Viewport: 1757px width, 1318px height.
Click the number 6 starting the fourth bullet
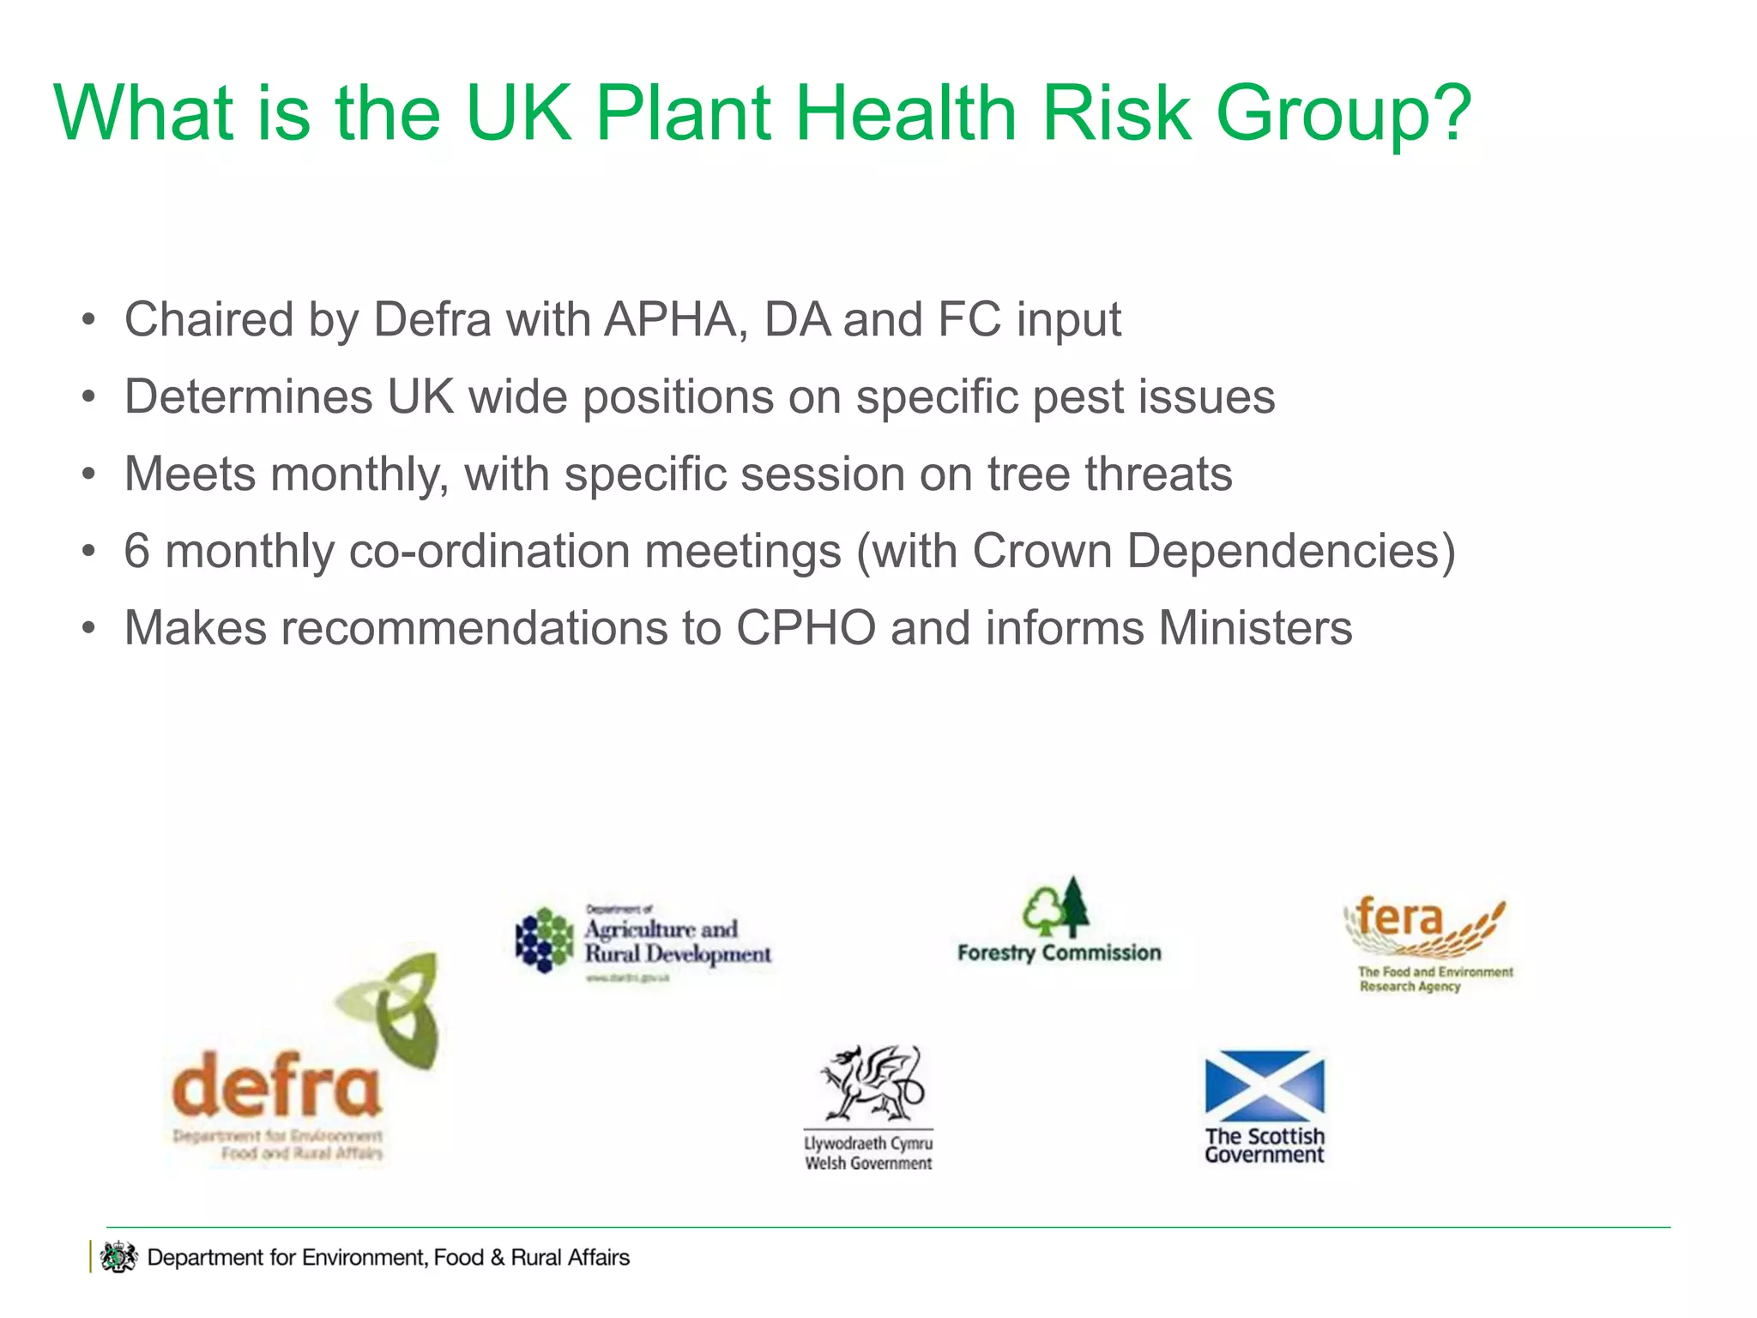(x=137, y=551)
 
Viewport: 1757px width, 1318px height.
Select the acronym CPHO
(x=806, y=628)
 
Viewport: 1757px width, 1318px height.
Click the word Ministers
(x=1255, y=628)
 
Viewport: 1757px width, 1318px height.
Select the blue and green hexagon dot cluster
(x=545, y=940)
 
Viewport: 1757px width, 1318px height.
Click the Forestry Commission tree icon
(x=1057, y=908)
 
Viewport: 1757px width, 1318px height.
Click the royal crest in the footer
(x=118, y=1258)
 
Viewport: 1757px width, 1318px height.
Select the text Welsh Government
(x=868, y=1164)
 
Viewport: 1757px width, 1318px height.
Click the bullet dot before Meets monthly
(x=88, y=475)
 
